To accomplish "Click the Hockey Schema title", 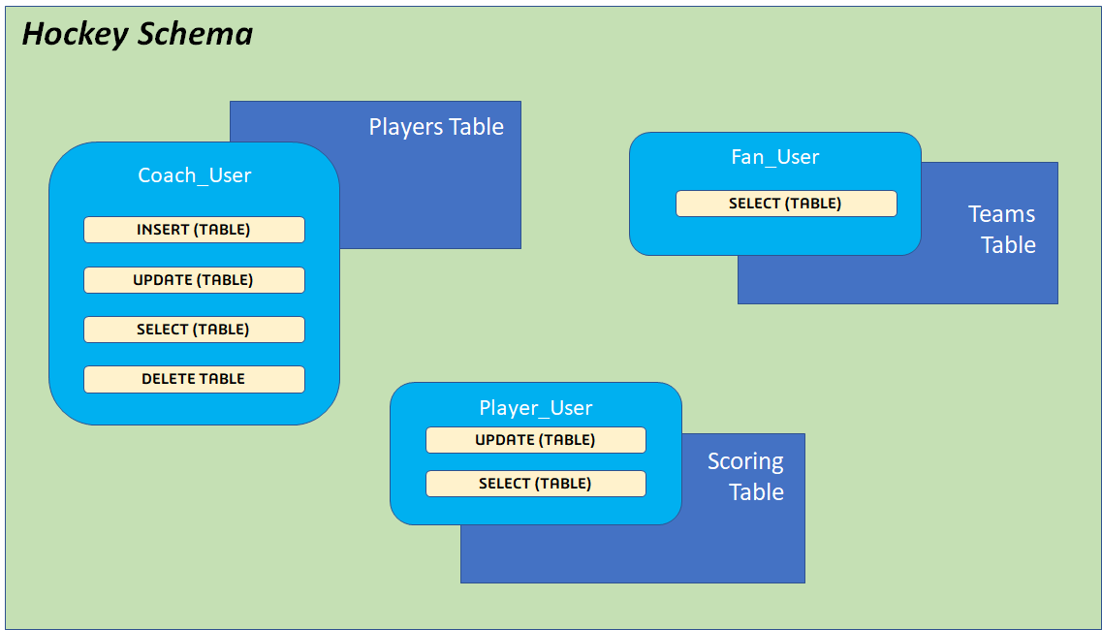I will point(137,35).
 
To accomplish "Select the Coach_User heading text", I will point(194,175).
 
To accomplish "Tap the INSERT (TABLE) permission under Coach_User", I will point(194,230).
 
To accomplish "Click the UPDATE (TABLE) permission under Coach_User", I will point(194,280).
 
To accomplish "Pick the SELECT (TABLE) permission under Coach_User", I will point(194,330).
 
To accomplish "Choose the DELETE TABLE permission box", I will point(194,379).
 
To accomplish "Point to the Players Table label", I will point(436,127).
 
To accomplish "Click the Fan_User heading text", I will point(774,157).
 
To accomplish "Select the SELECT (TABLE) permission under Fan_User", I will point(785,204).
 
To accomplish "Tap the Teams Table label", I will point(1003,230).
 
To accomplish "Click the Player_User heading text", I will point(535,408).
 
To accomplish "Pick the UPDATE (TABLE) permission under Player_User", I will point(535,440).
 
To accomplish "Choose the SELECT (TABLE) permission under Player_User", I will point(535,484).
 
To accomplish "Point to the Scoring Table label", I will point(746,476).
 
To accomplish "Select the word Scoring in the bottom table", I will point(745,461).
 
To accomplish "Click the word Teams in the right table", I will point(1001,214).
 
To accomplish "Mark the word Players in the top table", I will point(401,127).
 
